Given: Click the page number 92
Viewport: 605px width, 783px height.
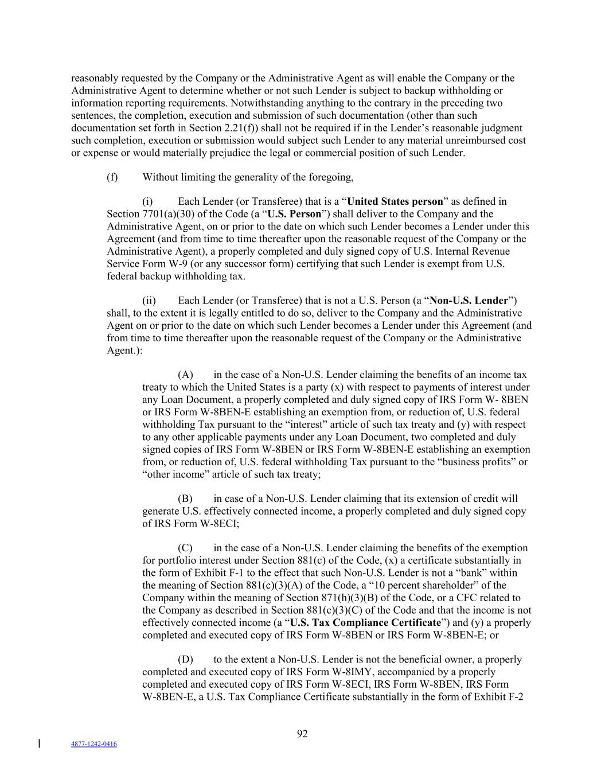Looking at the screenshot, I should click(x=302, y=734).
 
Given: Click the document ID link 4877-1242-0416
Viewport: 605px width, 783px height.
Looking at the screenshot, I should click(x=94, y=744).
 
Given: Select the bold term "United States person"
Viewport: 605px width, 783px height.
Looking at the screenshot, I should click(x=395, y=201).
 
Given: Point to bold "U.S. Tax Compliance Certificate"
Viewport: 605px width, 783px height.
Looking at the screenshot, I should click(x=365, y=622).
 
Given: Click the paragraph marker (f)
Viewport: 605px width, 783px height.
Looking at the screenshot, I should click(x=112, y=177).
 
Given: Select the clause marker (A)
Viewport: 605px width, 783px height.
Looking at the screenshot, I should click(x=185, y=375).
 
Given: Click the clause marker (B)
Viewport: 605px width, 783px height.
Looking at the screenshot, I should click(x=185, y=498).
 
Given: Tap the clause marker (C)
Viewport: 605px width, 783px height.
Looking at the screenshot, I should click(x=185, y=548).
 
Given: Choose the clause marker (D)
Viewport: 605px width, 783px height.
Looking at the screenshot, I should click(x=185, y=659).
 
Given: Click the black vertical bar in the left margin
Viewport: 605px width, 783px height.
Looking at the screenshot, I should click(x=39, y=744).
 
